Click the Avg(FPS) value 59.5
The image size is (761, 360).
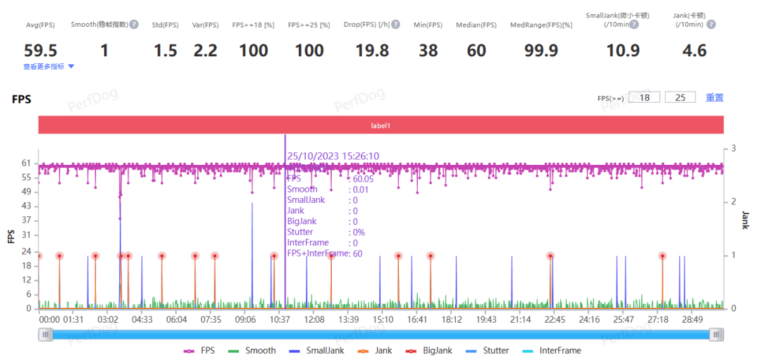pyautogui.click(x=40, y=50)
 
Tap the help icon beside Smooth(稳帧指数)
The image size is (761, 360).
pyautogui.click(x=134, y=25)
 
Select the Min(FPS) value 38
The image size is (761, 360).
pyautogui.click(x=428, y=50)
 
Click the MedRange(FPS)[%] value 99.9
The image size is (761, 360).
pyautogui.click(x=541, y=50)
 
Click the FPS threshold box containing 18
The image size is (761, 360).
pyautogui.click(x=644, y=97)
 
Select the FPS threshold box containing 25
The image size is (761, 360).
pyautogui.click(x=680, y=97)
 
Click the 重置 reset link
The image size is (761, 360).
pyautogui.click(x=714, y=98)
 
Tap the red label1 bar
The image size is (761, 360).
pyautogui.click(x=381, y=125)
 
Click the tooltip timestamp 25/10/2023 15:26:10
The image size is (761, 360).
pyautogui.click(x=333, y=156)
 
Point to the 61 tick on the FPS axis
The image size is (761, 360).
pyautogui.click(x=26, y=163)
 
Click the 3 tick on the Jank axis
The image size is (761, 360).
pyautogui.click(x=734, y=149)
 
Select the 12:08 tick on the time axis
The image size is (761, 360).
pyautogui.click(x=314, y=320)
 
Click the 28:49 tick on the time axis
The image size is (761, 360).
pyautogui.click(x=692, y=320)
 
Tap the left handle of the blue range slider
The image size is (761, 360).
pyautogui.click(x=46, y=335)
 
